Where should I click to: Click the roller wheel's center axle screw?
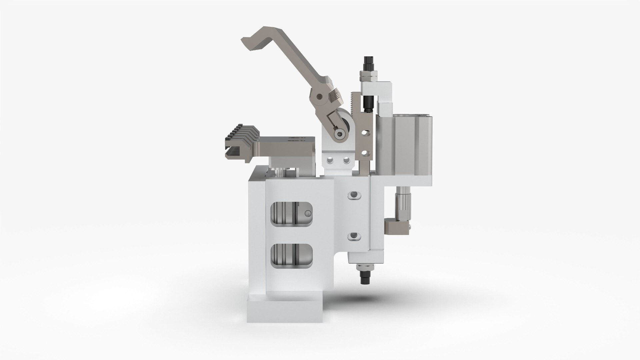[x=339, y=134]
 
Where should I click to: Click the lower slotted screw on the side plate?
[x=354, y=237]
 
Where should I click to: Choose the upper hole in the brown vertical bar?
[x=366, y=133]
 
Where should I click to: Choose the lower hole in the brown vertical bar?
[x=366, y=153]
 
